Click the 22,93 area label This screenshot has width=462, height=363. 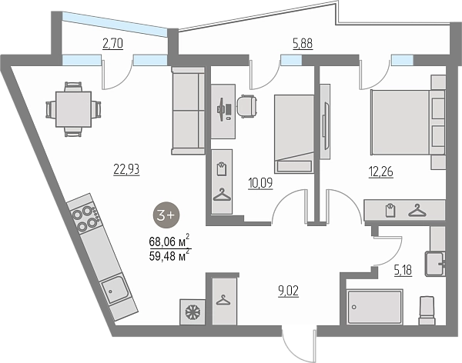point(126,169)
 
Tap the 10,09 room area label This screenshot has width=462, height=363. point(260,183)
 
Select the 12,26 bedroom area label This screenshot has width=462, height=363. point(381,172)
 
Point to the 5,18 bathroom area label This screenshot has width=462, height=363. point(403,270)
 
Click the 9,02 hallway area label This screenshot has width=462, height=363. point(289,291)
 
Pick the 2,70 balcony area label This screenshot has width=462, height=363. point(112,44)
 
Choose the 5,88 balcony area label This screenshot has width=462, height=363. point(303,44)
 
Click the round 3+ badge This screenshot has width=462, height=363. point(166,215)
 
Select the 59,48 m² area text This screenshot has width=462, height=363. point(169,255)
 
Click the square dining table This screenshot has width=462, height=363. point(73,109)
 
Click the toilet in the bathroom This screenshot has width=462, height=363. point(427,311)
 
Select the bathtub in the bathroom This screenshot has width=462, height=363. point(375,307)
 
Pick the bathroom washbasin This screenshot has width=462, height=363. point(435,264)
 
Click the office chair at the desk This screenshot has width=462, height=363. point(247,106)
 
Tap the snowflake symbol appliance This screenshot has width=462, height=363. point(192,312)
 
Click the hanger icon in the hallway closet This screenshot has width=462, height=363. point(223,300)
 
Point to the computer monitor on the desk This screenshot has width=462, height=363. point(221,109)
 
